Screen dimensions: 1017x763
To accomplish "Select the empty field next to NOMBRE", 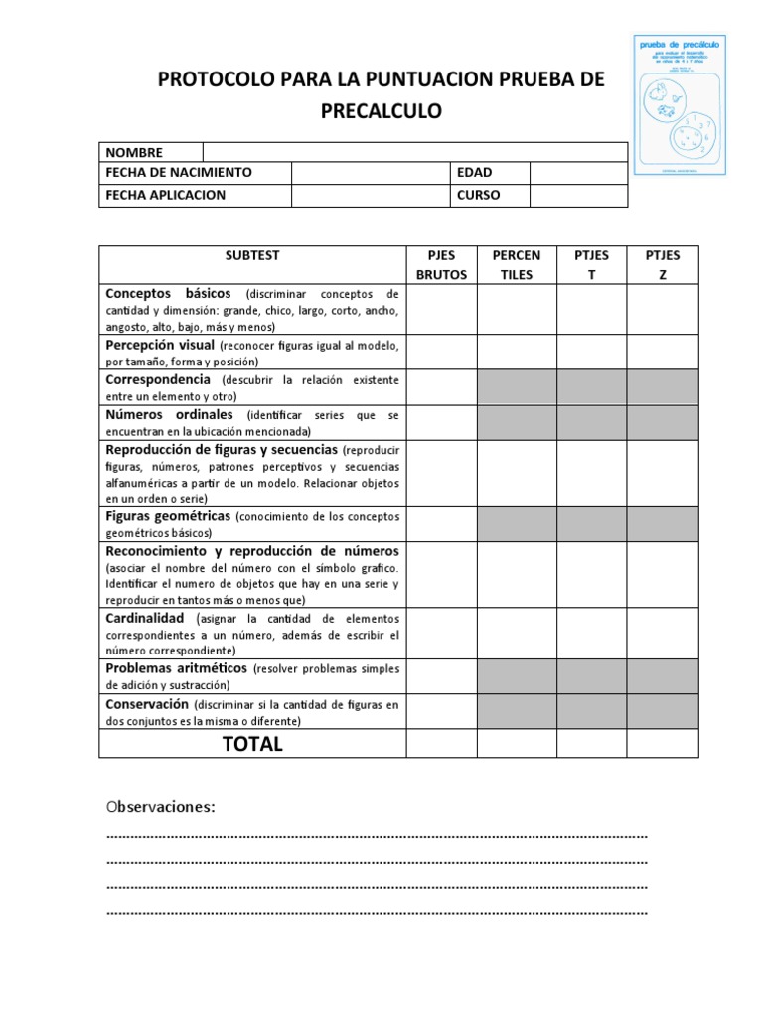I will (x=414, y=152).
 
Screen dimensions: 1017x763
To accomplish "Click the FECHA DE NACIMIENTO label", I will (x=179, y=173).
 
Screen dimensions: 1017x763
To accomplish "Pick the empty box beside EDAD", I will (x=578, y=173).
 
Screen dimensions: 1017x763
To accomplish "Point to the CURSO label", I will (x=478, y=195).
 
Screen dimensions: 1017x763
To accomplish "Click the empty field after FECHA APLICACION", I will (x=369, y=195).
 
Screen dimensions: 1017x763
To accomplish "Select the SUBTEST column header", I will (x=252, y=256).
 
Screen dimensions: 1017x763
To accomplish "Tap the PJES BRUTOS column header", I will (x=442, y=265).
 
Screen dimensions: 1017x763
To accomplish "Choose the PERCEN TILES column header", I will (x=517, y=265).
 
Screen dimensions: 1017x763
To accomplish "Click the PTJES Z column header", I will (x=663, y=265).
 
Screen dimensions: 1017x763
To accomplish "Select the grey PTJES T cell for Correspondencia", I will (x=591, y=387).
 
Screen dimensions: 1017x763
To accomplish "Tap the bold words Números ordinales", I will (x=170, y=414).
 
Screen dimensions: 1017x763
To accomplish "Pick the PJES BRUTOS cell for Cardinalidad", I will (x=442, y=633).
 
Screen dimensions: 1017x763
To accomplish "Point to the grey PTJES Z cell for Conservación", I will (x=663, y=711).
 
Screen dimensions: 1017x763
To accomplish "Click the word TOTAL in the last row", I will (x=252, y=744).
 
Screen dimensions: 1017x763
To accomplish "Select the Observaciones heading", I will (x=161, y=806).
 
